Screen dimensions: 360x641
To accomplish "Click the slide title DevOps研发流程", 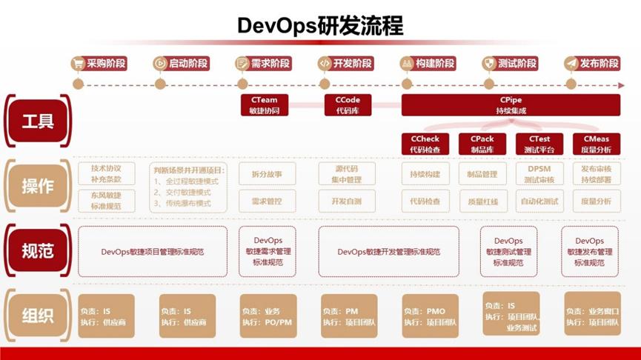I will coord(320,25).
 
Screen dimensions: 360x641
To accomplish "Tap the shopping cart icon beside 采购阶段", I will coord(78,64).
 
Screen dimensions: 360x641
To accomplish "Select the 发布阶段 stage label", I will coord(599,64).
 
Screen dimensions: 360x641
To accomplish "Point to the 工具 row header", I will coord(37,121).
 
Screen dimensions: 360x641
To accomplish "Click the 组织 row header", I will coord(37,316).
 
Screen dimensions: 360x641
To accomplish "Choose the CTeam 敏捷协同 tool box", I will coord(265,105).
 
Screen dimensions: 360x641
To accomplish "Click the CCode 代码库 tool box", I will coord(347,105).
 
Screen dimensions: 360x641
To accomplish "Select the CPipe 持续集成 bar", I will coord(511,105).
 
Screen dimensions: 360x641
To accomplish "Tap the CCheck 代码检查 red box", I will coord(425,144).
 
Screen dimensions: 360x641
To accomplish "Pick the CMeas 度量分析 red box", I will coord(597,144).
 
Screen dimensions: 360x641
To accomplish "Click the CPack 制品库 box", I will coord(482,144).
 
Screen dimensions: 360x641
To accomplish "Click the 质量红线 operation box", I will coord(482,201).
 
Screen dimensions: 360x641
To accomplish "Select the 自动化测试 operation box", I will coord(539,201).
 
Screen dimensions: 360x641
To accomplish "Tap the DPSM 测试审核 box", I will coord(539,174).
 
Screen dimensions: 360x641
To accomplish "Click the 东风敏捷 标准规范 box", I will coord(107,201).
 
